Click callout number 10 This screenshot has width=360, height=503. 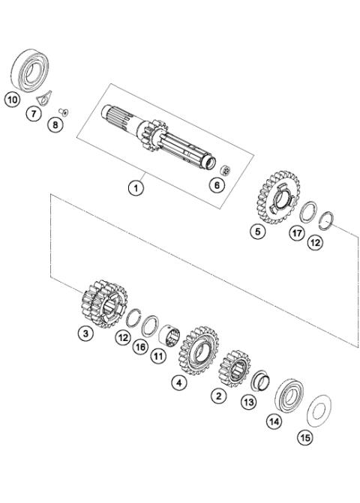click(12, 99)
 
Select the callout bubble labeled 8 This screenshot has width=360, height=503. click(55, 125)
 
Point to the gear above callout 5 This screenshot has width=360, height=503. click(273, 199)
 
